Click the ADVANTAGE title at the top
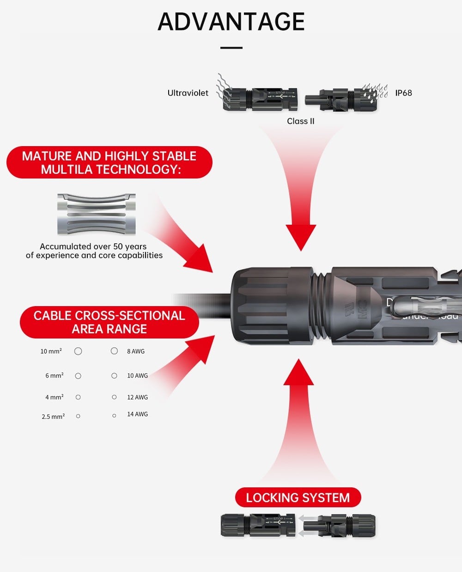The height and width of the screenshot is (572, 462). point(231,21)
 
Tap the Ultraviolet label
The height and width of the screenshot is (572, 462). point(188,93)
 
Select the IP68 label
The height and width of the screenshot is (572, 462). point(403,93)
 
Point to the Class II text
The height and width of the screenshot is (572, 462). point(300,121)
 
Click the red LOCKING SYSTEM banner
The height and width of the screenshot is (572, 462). point(298,498)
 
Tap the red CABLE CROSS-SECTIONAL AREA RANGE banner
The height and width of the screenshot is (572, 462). point(109,322)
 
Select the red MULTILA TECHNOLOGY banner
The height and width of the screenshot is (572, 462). point(109,162)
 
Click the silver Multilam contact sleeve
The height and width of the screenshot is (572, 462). point(97,214)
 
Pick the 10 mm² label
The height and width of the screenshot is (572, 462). point(51,351)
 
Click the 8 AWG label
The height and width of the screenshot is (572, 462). point(136,351)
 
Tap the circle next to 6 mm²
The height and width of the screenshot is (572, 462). point(78,376)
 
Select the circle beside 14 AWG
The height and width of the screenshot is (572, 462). point(114,416)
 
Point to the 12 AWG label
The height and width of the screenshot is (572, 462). point(137,397)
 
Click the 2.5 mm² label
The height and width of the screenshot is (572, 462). point(53,417)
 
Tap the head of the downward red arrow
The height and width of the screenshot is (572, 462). point(301,236)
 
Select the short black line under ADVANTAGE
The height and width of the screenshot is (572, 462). point(231,48)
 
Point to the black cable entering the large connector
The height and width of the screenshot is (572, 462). point(203,305)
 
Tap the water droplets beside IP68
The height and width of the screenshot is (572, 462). point(375,91)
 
